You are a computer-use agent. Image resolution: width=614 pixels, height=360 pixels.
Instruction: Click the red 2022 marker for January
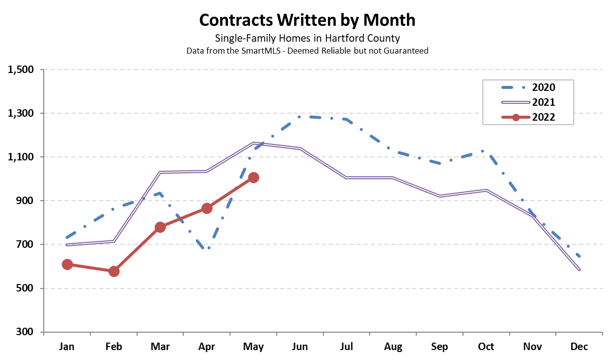(68, 264)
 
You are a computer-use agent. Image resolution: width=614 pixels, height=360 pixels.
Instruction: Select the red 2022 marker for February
(114, 271)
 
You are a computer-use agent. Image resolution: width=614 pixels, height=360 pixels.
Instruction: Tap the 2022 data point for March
(160, 227)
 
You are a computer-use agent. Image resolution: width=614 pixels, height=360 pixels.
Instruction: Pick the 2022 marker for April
(207, 208)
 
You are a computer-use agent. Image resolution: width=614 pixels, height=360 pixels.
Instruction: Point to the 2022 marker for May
(253, 178)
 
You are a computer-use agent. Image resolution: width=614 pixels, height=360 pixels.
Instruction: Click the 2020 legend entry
(529, 88)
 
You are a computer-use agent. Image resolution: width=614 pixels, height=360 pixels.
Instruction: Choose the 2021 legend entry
(529, 102)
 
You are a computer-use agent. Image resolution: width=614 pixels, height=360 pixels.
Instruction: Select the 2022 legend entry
(529, 117)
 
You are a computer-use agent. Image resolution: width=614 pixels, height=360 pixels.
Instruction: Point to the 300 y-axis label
(26, 332)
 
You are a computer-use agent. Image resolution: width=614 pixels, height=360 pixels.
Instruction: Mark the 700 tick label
(26, 244)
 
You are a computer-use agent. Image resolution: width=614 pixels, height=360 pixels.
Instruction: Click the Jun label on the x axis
(300, 346)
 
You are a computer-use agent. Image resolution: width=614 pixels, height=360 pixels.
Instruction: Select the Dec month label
(579, 346)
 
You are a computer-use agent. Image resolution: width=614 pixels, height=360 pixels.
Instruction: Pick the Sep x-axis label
(440, 346)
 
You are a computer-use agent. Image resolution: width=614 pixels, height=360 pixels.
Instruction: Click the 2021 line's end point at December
(579, 270)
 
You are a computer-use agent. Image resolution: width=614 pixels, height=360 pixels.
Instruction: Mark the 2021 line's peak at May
(253, 144)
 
